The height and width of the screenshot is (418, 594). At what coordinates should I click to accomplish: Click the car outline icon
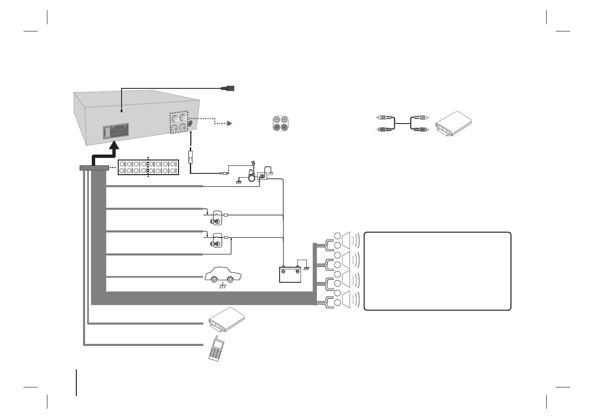click(x=223, y=276)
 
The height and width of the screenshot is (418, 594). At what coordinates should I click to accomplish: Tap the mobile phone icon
click(x=216, y=348)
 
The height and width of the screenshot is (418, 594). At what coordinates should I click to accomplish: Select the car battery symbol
click(x=290, y=274)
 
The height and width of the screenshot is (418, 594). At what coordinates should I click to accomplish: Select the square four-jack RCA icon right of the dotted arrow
click(x=280, y=123)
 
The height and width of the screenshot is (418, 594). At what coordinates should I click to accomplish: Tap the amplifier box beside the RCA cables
click(x=454, y=124)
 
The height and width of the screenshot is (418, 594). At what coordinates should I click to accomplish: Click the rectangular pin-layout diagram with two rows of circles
click(x=148, y=167)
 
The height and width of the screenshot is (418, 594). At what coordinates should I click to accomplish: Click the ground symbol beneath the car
click(x=223, y=287)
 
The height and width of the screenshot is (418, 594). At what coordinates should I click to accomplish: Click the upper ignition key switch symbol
click(x=217, y=217)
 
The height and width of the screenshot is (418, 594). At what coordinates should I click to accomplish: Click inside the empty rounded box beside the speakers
click(x=437, y=271)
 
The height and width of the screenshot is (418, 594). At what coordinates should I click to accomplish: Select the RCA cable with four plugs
click(x=402, y=124)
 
